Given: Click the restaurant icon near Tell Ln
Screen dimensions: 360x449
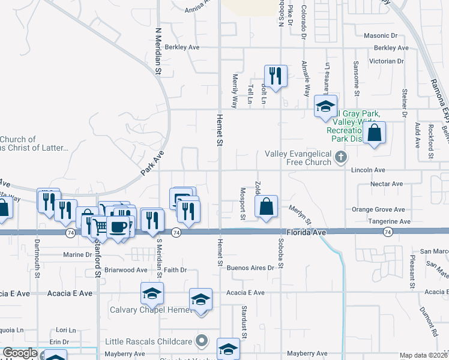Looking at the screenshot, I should pyautogui.click(x=276, y=76).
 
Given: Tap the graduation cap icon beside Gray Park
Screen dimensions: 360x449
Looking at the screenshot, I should pyautogui.click(x=325, y=107).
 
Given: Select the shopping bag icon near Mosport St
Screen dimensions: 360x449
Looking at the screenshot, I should pyautogui.click(x=266, y=207).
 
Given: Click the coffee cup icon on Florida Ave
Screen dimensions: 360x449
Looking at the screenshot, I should pyautogui.click(x=118, y=227).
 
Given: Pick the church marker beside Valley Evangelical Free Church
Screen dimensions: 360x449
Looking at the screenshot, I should pyautogui.click(x=341, y=157).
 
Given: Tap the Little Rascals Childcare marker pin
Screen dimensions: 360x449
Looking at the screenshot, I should pyautogui.click(x=203, y=341).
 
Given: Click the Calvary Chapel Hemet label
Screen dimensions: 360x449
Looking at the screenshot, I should pyautogui.click(x=146, y=310).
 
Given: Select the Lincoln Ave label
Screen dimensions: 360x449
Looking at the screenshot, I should pyautogui.click(x=369, y=170).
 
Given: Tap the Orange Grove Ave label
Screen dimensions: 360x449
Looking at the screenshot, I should pyautogui.click(x=378, y=209).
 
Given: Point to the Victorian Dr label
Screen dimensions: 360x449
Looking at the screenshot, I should pyautogui.click(x=391, y=61).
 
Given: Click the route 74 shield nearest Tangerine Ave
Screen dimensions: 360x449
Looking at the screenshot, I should pyautogui.click(x=387, y=232).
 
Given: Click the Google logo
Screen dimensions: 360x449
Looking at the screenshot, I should pyautogui.click(x=20, y=353).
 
